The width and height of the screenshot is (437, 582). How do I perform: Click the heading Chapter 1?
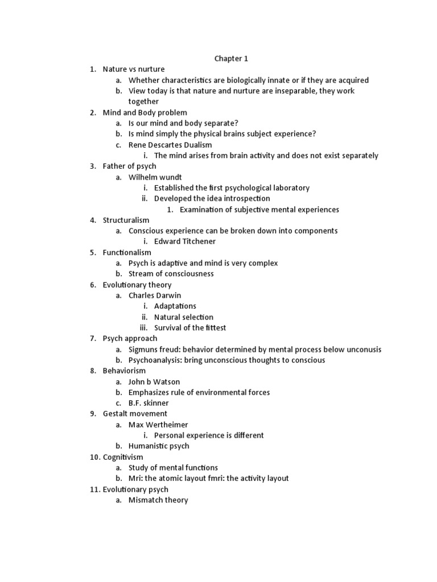tap(231, 59)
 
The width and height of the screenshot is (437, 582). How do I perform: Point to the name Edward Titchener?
tap(185, 242)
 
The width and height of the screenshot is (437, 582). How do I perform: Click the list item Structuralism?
tap(126, 220)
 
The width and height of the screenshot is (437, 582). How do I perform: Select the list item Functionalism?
tap(127, 252)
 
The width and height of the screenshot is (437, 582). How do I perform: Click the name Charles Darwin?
tap(154, 296)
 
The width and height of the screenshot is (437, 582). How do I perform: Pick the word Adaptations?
tap(175, 306)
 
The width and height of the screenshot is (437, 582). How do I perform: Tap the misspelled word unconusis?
tap(360, 350)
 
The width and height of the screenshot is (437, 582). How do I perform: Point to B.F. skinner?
tap(149, 403)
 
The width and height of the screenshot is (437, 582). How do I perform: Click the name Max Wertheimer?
tap(158, 425)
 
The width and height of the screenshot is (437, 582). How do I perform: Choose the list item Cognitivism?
tap(123, 457)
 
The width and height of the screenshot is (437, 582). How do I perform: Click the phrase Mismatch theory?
tap(158, 500)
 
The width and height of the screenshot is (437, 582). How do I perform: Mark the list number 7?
tap(92, 339)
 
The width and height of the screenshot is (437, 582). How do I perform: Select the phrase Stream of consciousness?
tap(171, 274)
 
